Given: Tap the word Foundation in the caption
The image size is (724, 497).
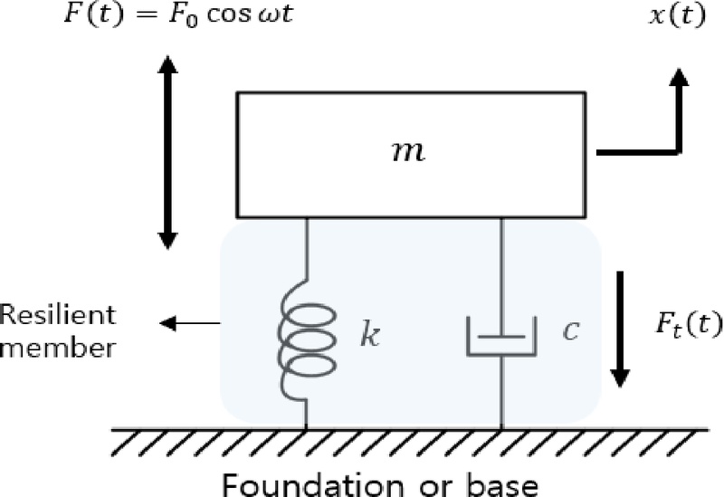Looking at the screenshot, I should (302, 479).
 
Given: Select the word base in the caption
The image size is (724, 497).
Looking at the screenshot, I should (501, 479).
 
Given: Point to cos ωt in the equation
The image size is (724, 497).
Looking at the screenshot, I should (243, 17).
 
